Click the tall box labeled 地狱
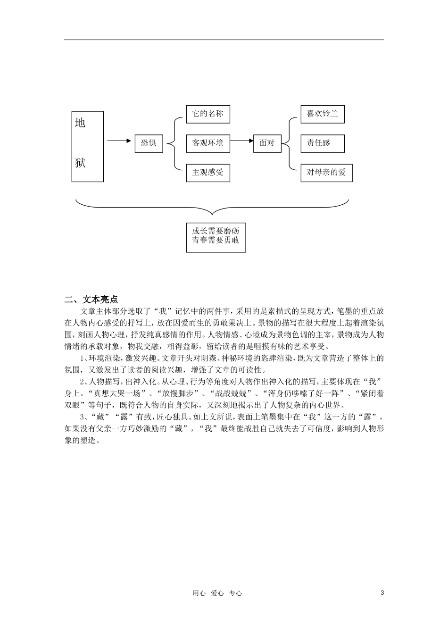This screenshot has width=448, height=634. (x=87, y=146)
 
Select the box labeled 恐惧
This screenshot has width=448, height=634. (x=149, y=142)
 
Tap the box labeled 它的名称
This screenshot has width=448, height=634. (x=207, y=114)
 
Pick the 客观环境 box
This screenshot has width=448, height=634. (x=207, y=142)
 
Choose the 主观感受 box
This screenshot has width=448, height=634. (x=207, y=172)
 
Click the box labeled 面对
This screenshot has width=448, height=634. (x=267, y=142)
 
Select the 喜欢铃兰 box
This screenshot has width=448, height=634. (x=323, y=114)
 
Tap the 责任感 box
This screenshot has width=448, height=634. (x=323, y=143)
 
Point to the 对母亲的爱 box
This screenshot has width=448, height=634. (x=326, y=172)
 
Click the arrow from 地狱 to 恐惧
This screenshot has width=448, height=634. (x=119, y=141)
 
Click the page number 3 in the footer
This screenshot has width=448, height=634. (x=382, y=593)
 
